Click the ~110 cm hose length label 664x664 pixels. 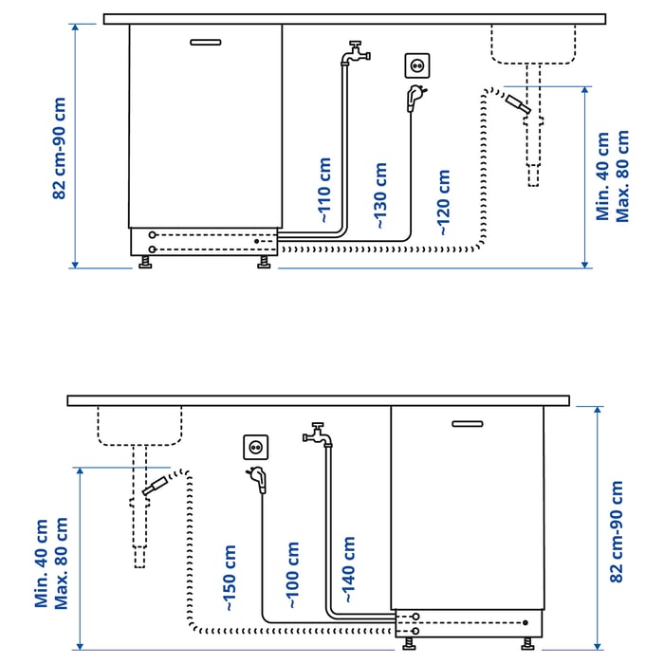click(x=324, y=190)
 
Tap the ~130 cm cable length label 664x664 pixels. click(x=380, y=195)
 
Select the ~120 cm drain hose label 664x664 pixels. click(x=443, y=202)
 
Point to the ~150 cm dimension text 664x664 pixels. click(x=230, y=578)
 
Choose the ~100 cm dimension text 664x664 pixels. click(x=292, y=575)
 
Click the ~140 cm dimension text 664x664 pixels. click(x=348, y=569)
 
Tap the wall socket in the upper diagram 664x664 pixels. click(x=417, y=65)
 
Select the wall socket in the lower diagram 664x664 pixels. click(x=255, y=447)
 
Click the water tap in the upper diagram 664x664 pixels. click(x=356, y=53)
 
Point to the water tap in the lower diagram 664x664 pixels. click(x=318, y=434)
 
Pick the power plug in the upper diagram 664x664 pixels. click(x=415, y=98)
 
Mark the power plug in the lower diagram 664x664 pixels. click(x=257, y=479)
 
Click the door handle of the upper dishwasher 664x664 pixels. click(x=206, y=42)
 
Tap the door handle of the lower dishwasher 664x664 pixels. click(x=467, y=424)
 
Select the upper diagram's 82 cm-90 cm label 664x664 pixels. click(x=59, y=148)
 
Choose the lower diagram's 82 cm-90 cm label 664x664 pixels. click(x=617, y=531)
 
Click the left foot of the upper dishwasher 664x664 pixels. click(x=145, y=262)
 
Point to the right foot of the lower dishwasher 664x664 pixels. click(x=527, y=644)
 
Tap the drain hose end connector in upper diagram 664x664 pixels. click(x=518, y=104)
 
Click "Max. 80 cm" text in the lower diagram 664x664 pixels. click(x=61, y=563)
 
